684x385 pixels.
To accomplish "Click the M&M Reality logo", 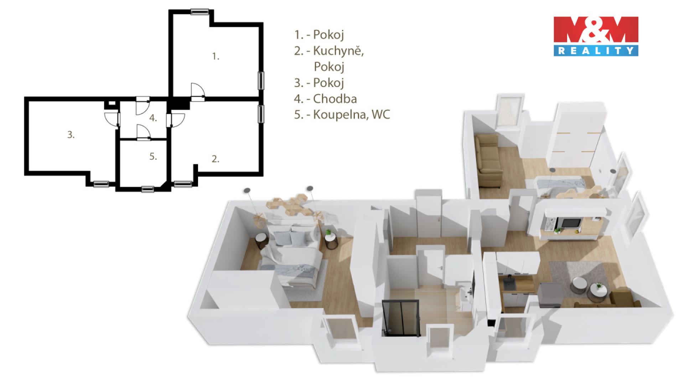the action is pos(596,36).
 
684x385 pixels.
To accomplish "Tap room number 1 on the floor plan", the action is pos(216,56).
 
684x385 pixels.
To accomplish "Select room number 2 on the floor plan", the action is pos(215,159).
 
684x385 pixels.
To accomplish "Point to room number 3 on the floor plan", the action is pos(71,135).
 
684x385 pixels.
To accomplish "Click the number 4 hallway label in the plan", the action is pos(153,118).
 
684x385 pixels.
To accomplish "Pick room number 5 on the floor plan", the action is pos(153,156).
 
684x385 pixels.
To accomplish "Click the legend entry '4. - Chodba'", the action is pos(325,98).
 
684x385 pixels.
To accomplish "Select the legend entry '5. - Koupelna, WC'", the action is pos(342,114).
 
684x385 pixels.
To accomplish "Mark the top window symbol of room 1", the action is pos(199,12).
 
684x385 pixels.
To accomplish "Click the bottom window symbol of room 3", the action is pos(101,184).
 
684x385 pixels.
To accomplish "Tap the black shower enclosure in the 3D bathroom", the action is pos(401,318).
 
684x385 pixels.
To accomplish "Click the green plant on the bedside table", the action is pos(328,232).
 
